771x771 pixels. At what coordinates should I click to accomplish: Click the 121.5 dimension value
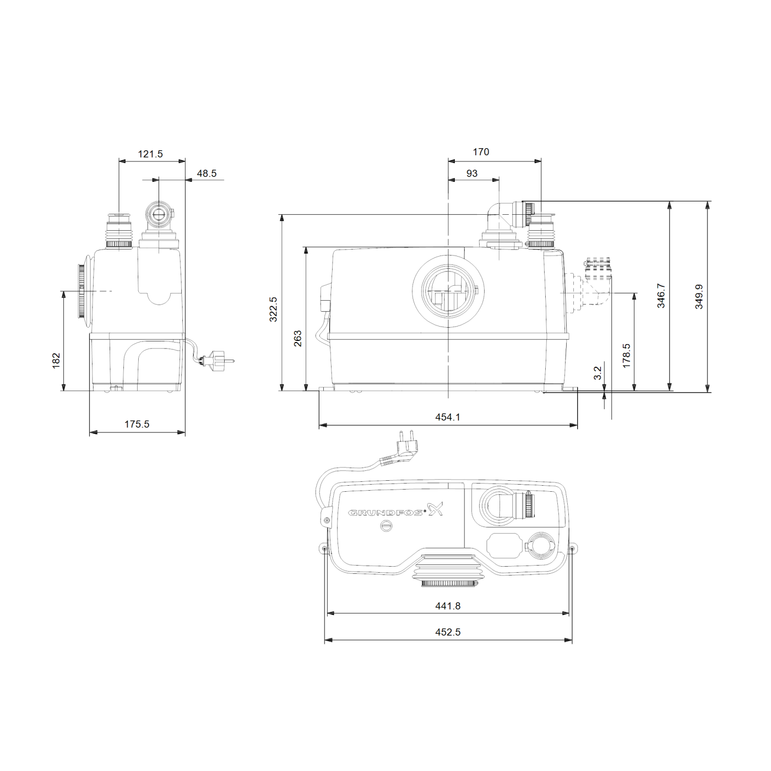(150, 154)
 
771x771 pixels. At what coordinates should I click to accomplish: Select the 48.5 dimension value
(207, 173)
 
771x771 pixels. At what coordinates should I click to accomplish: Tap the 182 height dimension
(56, 360)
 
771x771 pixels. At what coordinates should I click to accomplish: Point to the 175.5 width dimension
(137, 424)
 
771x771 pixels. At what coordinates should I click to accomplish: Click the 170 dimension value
(481, 152)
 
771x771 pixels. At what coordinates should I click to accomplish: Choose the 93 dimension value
(472, 173)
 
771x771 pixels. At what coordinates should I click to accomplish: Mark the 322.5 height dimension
(273, 309)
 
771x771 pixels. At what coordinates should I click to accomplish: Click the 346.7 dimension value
(661, 296)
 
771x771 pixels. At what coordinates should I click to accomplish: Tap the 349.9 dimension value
(699, 296)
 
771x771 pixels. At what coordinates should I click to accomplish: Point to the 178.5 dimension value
(626, 355)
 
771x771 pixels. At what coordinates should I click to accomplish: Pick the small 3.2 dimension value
(598, 373)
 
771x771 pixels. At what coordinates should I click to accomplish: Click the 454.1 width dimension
(448, 417)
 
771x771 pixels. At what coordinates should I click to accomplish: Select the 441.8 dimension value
(448, 606)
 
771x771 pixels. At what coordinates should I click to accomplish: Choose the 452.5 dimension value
(448, 632)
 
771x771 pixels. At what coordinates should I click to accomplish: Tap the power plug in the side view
(218, 362)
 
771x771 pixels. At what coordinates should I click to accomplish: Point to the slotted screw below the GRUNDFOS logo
(387, 526)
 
